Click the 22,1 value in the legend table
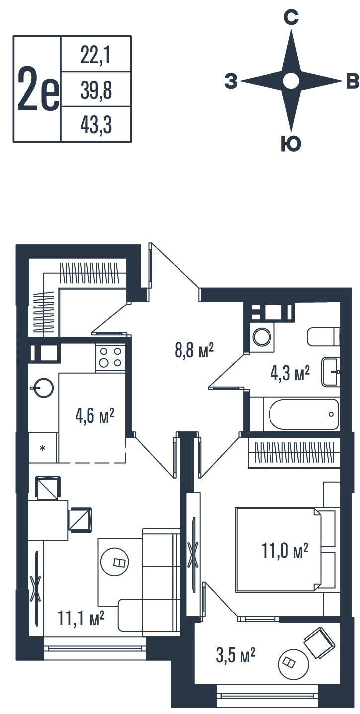[x=95, y=55]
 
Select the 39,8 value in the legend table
[x=96, y=90]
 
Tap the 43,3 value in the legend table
[x=96, y=125]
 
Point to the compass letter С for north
[x=291, y=17]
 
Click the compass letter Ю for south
[x=291, y=144]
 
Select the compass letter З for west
[x=231, y=81]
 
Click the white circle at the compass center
[x=291, y=81]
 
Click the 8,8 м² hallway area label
[x=194, y=350]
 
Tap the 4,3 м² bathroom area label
[x=290, y=373]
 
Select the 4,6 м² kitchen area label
[x=94, y=416]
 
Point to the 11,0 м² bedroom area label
[x=285, y=550]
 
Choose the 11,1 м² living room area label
[x=81, y=618]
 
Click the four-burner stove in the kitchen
[x=110, y=357]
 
